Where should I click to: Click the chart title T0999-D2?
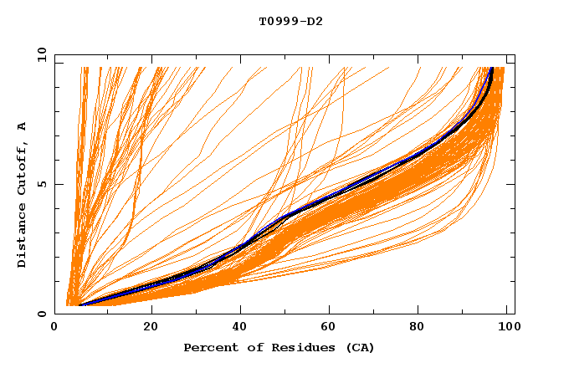(290, 21)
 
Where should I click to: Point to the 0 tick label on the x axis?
(54, 327)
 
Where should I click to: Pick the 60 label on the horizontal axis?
(330, 327)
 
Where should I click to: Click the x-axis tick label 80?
(422, 327)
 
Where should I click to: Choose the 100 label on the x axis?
(505, 327)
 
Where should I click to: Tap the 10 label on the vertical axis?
(40, 54)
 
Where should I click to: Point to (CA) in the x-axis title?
(359, 347)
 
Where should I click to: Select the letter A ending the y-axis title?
(23, 126)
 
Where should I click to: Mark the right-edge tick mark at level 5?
(510, 184)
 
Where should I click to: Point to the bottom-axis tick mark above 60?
(330, 309)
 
